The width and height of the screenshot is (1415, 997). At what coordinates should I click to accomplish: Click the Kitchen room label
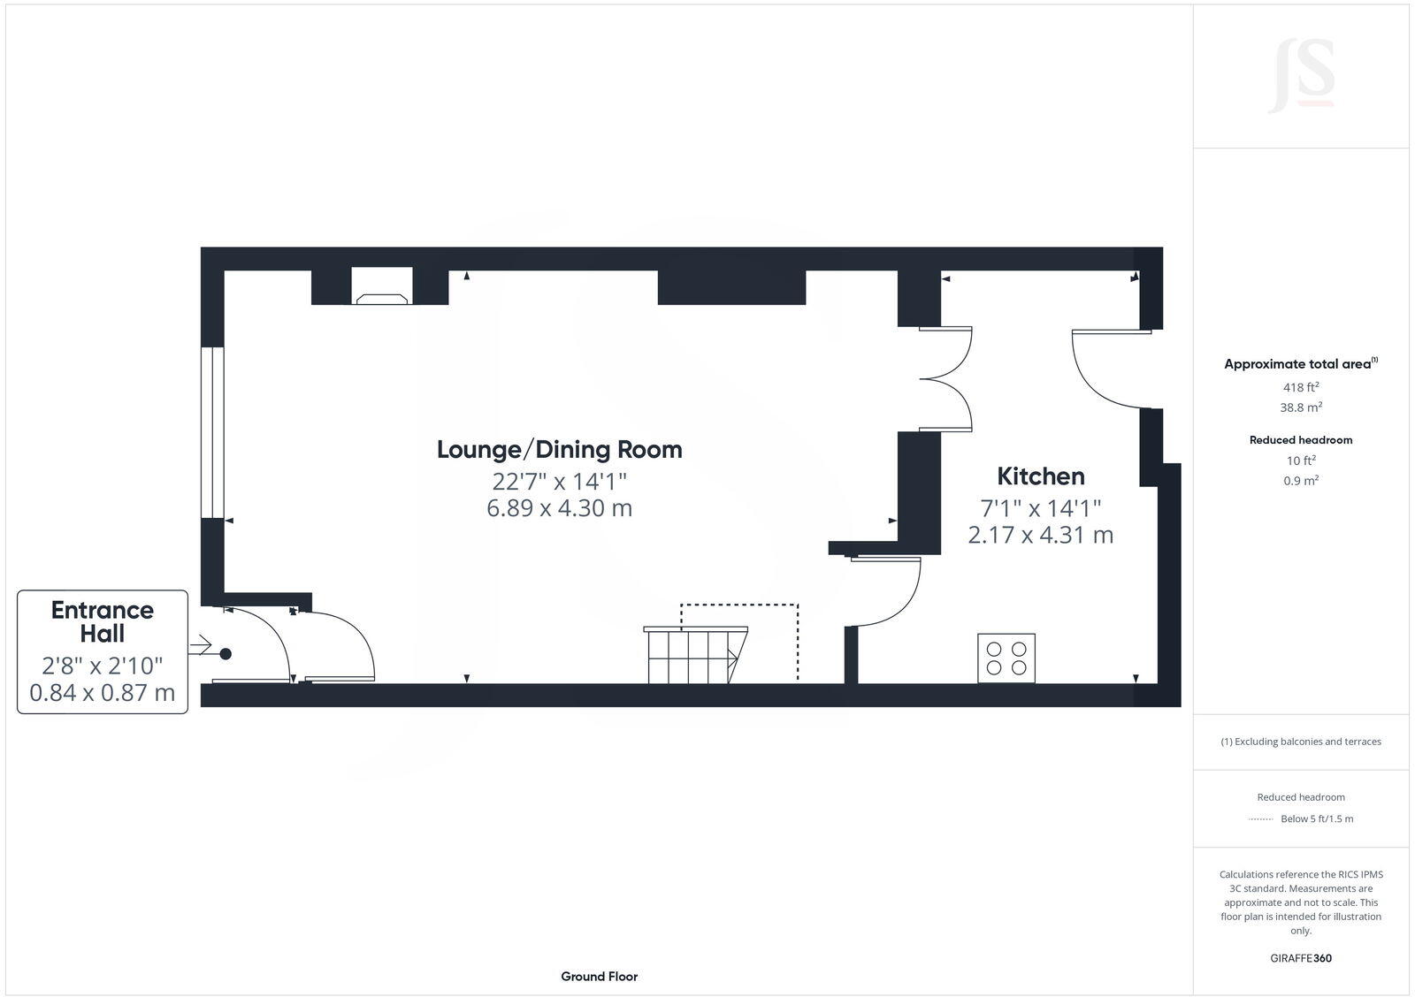click(1040, 476)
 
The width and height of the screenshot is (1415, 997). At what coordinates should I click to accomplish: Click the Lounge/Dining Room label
click(559, 449)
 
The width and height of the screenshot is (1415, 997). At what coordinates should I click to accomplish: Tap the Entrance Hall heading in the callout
click(103, 621)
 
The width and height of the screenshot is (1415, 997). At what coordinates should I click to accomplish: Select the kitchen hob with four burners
click(1006, 658)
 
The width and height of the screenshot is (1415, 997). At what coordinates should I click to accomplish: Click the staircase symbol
click(693, 655)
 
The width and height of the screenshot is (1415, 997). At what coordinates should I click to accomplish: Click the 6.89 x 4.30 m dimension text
click(559, 508)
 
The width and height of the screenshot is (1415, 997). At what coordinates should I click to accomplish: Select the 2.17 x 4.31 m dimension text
click(1040, 535)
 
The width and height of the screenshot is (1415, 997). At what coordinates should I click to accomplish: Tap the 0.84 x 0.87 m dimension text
click(103, 693)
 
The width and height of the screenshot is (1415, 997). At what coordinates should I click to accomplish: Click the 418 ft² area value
click(1301, 387)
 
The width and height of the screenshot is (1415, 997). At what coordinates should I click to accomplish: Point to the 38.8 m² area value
click(1301, 407)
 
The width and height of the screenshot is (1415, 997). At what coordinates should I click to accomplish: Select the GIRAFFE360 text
click(1301, 958)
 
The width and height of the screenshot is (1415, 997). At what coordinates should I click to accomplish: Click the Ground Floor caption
click(599, 977)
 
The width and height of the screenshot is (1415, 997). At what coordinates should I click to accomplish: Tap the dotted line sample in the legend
click(1260, 819)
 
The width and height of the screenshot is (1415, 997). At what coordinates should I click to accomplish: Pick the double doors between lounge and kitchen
click(946, 379)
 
